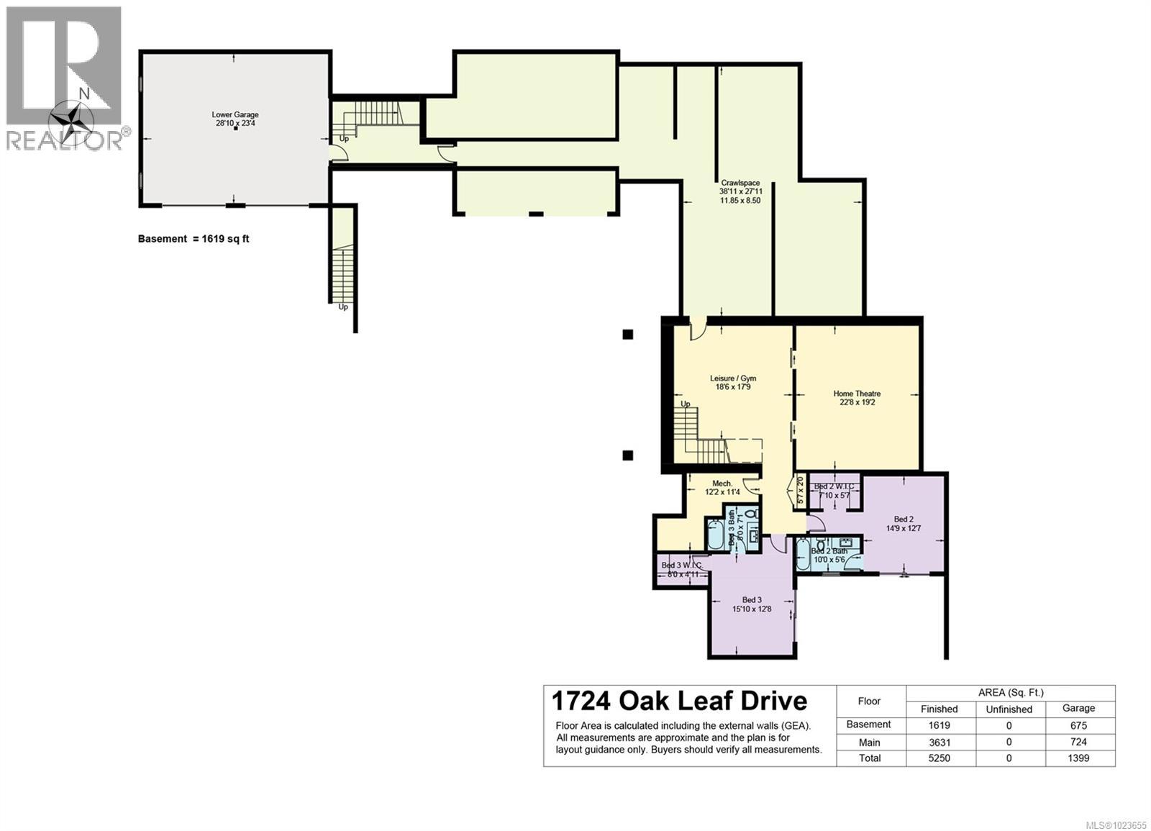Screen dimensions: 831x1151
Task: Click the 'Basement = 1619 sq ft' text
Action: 194,239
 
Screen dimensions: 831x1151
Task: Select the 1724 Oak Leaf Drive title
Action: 679,700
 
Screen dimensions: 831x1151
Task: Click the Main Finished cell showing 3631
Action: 939,742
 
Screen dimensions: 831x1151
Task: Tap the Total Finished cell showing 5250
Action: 939,758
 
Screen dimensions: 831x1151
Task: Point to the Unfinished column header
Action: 1009,709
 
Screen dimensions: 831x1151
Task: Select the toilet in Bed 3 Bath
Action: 751,514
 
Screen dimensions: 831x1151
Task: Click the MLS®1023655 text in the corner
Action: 1116,825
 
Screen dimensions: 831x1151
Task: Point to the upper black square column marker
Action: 628,334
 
